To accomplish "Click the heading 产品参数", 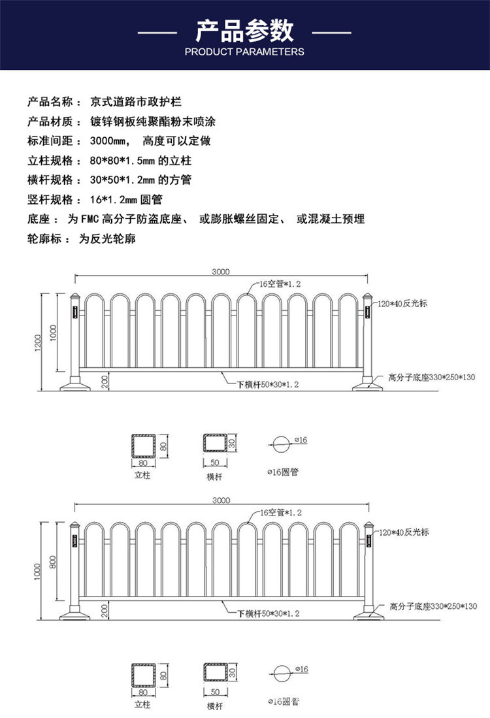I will pyautogui.click(x=245, y=31).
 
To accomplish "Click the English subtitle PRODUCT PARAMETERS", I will pyautogui.click(x=245, y=52).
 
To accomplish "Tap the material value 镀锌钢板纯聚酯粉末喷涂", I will pyautogui.click(x=159, y=121).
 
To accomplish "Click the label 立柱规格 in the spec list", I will pyautogui.click(x=49, y=160).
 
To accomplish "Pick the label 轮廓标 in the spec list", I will pyautogui.click(x=44, y=238).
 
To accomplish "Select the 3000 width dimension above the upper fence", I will pyautogui.click(x=221, y=272).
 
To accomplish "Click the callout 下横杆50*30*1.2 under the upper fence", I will pyautogui.click(x=267, y=385).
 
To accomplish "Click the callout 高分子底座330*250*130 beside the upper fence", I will pyautogui.click(x=432, y=377).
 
